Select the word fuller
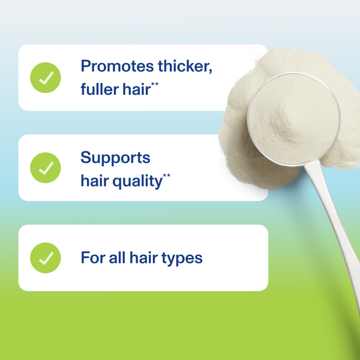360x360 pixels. coord(99,90)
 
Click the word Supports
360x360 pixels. coord(115,158)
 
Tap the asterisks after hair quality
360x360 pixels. coord(166,175)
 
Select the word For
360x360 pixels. coord(93,258)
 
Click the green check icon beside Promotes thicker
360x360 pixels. coord(46,78)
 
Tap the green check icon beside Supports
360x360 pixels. coord(46,168)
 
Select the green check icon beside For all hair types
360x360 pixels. coord(46,258)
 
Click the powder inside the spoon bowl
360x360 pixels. coord(293,117)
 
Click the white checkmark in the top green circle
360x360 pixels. coord(46,78)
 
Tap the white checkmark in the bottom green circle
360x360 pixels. coord(46,258)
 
